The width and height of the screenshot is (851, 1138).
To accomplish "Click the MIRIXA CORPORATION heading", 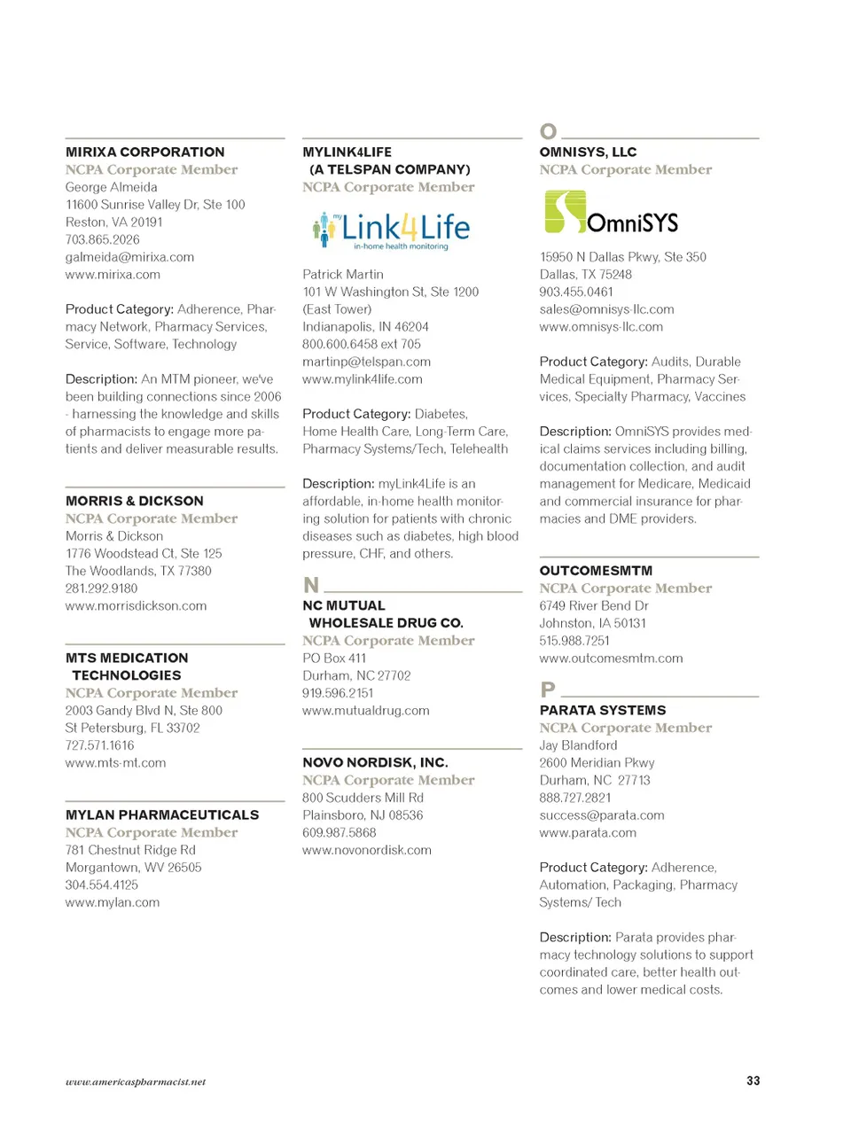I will coord(144,152).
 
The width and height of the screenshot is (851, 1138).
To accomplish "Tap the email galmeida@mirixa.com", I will coord(129,257).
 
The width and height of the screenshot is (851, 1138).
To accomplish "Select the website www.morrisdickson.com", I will coord(136,606).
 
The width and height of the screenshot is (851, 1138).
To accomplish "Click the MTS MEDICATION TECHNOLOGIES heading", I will coord(127,666).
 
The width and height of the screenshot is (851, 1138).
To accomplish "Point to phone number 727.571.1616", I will coord(99,745).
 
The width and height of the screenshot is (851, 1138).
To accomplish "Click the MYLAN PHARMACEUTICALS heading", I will coord(162,815).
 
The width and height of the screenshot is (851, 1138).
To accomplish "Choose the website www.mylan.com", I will coord(113,902).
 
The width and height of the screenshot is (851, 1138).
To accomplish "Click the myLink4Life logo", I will coord(391,230).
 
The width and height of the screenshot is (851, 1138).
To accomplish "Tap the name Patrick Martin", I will coord(343,275).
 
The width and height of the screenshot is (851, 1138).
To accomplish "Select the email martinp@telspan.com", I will coord(366,362).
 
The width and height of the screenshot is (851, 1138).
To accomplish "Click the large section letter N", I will coord(311,585).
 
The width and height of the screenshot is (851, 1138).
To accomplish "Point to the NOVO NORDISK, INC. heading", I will coord(375,762).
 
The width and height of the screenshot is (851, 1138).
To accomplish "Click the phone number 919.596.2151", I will coord(338,693).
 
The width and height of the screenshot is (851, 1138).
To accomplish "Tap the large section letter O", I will coord(549,132).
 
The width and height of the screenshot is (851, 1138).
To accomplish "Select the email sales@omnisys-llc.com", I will coord(606,309).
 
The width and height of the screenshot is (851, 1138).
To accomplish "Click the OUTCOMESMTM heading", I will coord(596,571).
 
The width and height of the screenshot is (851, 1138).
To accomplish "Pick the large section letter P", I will coord(548,690).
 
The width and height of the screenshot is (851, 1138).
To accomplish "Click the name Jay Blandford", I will coord(578,745).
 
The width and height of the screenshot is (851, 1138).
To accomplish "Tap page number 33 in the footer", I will coord(753,1080).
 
